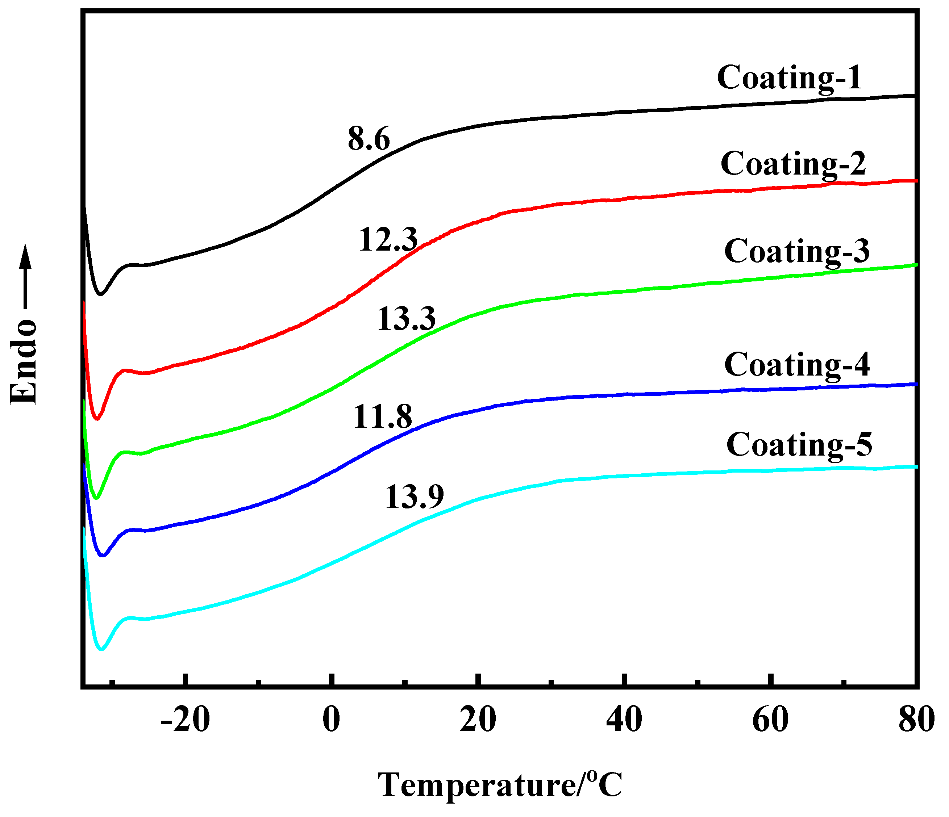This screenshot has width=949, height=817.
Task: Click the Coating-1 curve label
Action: click(789, 77)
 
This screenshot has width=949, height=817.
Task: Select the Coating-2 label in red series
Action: click(793, 163)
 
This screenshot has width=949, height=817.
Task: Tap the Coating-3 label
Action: click(796, 251)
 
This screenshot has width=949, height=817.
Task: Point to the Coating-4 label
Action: click(796, 365)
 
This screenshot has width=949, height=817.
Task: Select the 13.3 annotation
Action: click(406, 319)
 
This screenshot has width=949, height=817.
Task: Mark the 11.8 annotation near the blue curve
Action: click(382, 416)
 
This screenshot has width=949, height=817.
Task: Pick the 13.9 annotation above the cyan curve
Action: click(414, 497)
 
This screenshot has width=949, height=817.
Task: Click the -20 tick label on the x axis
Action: click(186, 720)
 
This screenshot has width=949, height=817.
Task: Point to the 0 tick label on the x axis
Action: click(331, 720)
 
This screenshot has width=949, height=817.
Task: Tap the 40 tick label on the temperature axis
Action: click(624, 720)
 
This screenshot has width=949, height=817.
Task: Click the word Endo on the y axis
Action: click(23, 361)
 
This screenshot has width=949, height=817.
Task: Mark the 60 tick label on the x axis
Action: click(770, 720)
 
